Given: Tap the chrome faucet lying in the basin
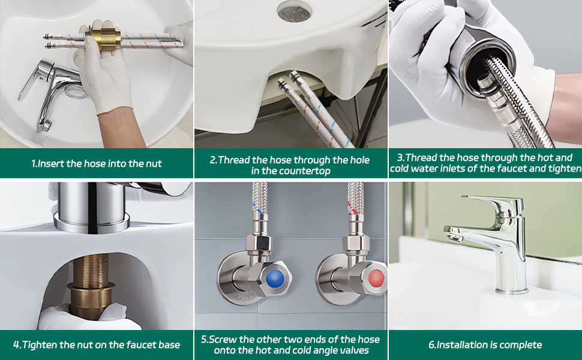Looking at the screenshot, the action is tap(50, 93).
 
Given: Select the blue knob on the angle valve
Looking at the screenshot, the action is tap(274, 279).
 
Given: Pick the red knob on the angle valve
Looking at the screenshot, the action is tap(376, 278).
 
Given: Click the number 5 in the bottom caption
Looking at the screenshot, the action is tap(204, 340).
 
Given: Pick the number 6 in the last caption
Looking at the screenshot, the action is tap(431, 345).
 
